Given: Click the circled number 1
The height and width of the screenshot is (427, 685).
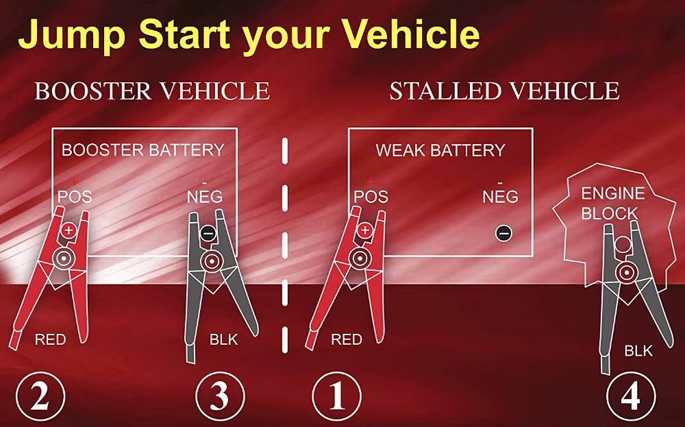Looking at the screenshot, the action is pos(336,396).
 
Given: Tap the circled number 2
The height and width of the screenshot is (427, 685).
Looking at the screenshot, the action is pos(40,396).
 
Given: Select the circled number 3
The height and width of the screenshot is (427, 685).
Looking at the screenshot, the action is pos(220,396).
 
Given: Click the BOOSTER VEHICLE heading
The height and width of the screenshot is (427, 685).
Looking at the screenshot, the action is pos(152,91).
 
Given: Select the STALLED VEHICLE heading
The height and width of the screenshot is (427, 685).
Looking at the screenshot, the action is pos(505,91).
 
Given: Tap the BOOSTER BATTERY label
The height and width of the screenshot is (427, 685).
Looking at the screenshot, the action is pos(143,150).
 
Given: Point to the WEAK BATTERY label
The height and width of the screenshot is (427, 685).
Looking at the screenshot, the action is pos(440,150).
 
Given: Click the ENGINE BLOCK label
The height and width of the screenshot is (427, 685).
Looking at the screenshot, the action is pos(613,204).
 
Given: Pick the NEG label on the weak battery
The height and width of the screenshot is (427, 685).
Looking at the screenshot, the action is pos(500,197).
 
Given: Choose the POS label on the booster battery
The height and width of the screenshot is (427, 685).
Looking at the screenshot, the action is pos(75,197).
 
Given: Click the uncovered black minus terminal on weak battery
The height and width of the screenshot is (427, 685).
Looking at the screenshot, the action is pos(503,233).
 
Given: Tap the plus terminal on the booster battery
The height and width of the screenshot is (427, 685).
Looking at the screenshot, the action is pos(68,230).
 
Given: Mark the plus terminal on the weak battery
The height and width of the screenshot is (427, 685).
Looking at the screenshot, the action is pos(365,230).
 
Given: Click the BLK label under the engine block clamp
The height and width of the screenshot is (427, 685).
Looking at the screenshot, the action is pos(638,350).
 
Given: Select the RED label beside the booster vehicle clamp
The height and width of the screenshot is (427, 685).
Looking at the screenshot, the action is pos(50,339).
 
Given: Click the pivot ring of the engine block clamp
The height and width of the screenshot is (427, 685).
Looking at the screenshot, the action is pos(627,273).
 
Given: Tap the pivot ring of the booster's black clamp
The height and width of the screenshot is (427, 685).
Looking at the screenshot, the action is pos(212,262).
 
